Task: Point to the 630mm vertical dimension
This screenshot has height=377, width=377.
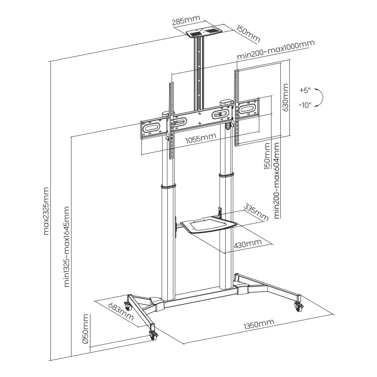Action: point(286,98)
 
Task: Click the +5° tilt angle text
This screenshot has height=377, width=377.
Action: point(305,90)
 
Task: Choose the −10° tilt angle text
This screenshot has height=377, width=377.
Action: point(305,105)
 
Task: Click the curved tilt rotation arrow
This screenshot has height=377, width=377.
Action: point(320,97)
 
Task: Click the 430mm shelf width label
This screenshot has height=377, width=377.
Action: point(247,244)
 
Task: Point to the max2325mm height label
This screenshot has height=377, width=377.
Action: point(46,211)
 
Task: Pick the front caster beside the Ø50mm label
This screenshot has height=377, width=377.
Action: point(154,335)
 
